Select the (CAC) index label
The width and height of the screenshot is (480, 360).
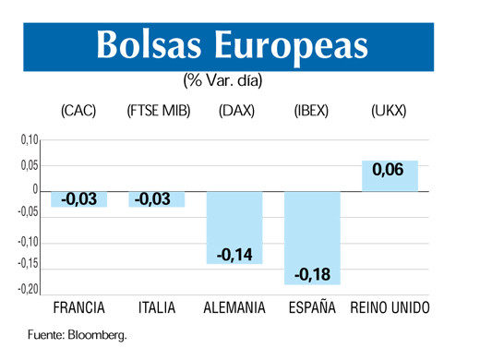pos(78,112)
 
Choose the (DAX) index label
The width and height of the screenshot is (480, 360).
pos(236,112)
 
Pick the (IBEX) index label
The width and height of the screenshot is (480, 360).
pos(311,112)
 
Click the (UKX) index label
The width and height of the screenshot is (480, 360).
pos(389,112)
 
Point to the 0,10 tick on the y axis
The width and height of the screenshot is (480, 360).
pos(28,140)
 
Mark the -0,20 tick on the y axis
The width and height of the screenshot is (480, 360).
pos(27,290)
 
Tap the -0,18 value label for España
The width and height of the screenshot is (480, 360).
pos(313,274)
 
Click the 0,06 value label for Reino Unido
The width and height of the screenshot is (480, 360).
pos(389,171)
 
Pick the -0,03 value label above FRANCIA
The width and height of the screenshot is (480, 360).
pos(78,198)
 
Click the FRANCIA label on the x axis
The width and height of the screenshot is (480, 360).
pos(78,308)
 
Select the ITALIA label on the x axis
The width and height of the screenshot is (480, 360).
pos(156,308)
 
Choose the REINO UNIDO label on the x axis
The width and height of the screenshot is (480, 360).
pos(390,308)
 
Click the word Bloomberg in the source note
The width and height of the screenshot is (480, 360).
pos(96,335)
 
